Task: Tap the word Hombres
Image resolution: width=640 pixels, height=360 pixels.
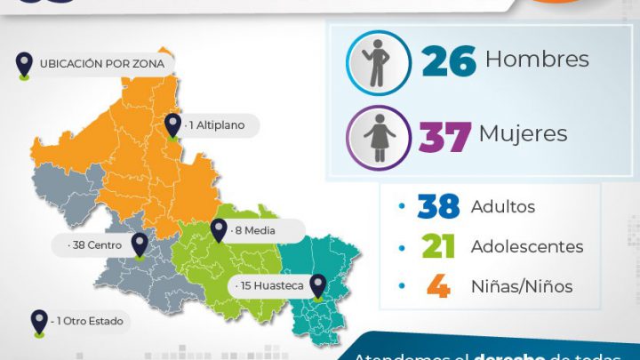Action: pos(538,60)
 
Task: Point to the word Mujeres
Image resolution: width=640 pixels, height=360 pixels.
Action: pos(523,134)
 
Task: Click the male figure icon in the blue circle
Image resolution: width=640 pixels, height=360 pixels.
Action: pos(379,62)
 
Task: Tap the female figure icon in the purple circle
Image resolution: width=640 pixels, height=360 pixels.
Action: pos(379,137)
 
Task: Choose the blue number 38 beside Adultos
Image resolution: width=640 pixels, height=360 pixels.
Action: pos(438,207)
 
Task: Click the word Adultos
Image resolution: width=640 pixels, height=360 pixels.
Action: pos(502,207)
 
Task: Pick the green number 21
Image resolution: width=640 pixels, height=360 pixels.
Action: pos(438,247)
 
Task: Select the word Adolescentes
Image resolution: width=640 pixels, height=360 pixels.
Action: pos(526,247)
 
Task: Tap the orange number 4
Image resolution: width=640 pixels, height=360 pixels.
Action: pos(438,286)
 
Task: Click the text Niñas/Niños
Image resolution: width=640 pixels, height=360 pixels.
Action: pos(521,286)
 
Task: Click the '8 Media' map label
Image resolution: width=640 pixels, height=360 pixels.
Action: pos(254,231)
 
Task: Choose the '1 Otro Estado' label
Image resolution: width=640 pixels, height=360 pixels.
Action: pos(87,321)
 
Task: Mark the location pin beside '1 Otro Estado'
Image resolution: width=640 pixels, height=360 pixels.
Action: pos(38,322)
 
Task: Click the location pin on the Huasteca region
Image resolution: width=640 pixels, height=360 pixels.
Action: pos(317,285)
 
